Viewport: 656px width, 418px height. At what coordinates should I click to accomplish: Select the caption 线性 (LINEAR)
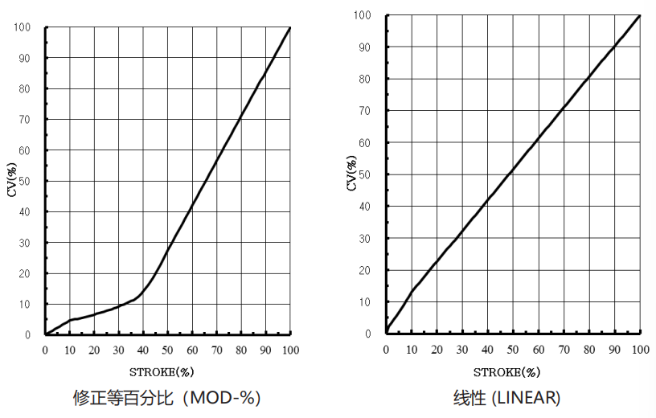pyautogui.click(x=506, y=397)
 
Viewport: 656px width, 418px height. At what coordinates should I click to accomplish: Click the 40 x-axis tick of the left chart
pyautogui.click(x=143, y=350)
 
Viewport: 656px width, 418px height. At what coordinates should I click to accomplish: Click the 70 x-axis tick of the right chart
pyautogui.click(x=563, y=349)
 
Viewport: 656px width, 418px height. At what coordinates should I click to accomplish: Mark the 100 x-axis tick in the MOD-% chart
pyautogui.click(x=289, y=350)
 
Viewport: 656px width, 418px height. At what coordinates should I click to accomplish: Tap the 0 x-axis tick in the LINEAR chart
pyautogui.click(x=386, y=349)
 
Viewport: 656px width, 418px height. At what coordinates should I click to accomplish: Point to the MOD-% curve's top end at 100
pyautogui.click(x=289, y=27)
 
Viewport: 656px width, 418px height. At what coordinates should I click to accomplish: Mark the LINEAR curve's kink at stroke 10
pyautogui.click(x=412, y=292)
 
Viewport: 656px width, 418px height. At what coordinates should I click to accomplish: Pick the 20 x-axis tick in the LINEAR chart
pyautogui.click(x=437, y=349)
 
